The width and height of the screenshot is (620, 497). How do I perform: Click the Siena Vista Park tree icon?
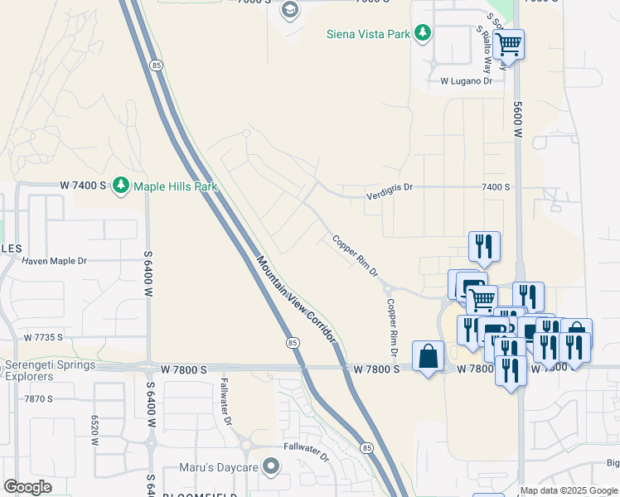point(424,33)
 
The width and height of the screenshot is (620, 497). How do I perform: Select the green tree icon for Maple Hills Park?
point(121,184)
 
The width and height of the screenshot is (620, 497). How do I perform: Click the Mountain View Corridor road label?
point(295,299)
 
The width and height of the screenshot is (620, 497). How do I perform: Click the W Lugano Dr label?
point(466,81)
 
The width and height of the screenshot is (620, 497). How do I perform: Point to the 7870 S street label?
point(38,398)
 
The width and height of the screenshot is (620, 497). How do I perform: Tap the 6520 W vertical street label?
point(95,431)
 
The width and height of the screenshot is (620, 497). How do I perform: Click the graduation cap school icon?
point(289,10)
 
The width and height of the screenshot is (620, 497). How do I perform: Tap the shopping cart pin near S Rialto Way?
point(508,44)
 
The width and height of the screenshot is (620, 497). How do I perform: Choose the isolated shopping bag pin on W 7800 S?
point(428,357)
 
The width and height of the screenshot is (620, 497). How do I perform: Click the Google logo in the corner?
point(27,487)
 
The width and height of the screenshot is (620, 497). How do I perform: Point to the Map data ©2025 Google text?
point(569,490)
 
